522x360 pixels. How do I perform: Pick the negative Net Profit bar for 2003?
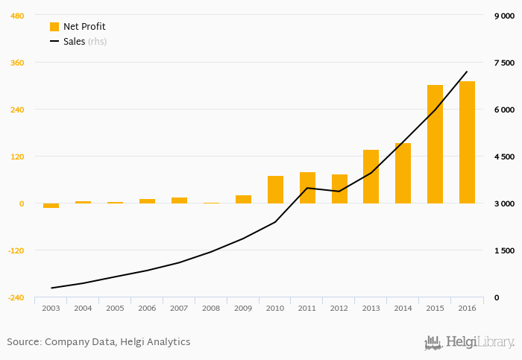tap(51, 206)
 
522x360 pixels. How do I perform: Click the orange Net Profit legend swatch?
tap(54, 27)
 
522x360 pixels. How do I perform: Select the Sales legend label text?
tap(74, 42)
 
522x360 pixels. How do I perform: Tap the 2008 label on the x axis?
tap(211, 308)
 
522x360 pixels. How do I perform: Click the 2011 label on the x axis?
tap(307, 308)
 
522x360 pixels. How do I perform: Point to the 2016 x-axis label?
tap(467, 308)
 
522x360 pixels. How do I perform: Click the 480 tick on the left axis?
tap(16, 16)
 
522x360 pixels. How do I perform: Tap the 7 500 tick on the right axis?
tap(504, 63)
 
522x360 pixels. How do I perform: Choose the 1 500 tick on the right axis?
tap(504, 250)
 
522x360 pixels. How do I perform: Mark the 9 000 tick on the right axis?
tap(504, 16)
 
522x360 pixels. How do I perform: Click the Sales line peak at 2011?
tap(307, 188)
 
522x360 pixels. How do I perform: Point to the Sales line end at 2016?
tap(467, 72)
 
